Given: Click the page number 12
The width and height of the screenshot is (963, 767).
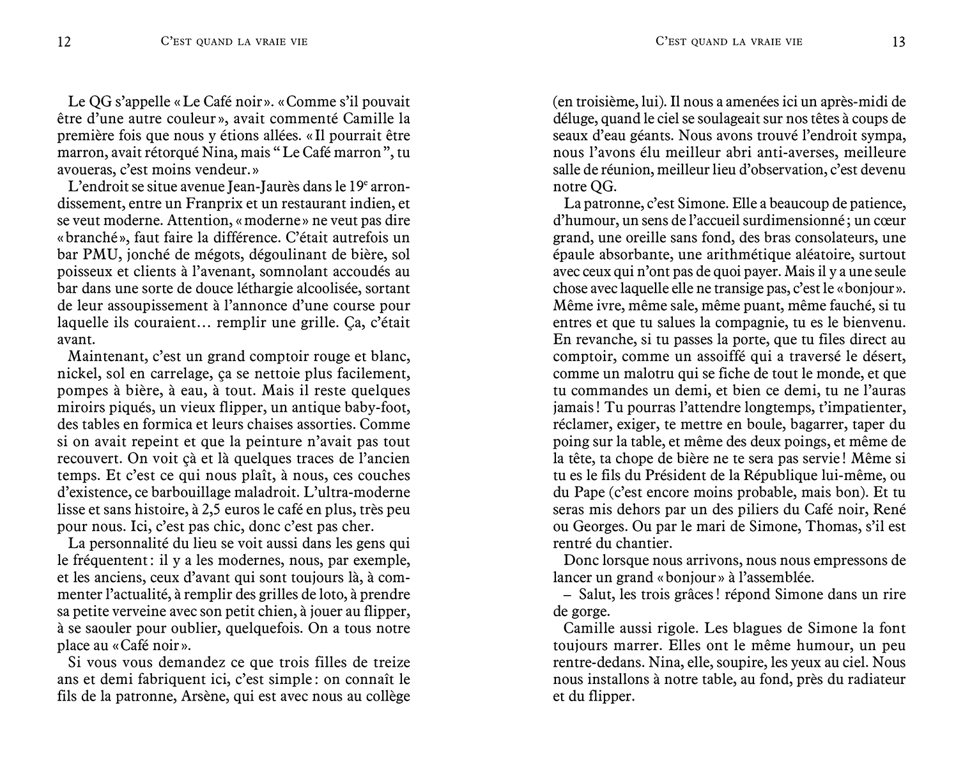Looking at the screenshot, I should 64,42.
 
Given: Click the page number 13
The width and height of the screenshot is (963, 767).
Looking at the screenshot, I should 898,42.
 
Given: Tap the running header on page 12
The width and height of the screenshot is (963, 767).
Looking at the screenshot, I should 235,42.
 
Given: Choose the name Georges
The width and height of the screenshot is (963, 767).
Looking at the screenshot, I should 603,527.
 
